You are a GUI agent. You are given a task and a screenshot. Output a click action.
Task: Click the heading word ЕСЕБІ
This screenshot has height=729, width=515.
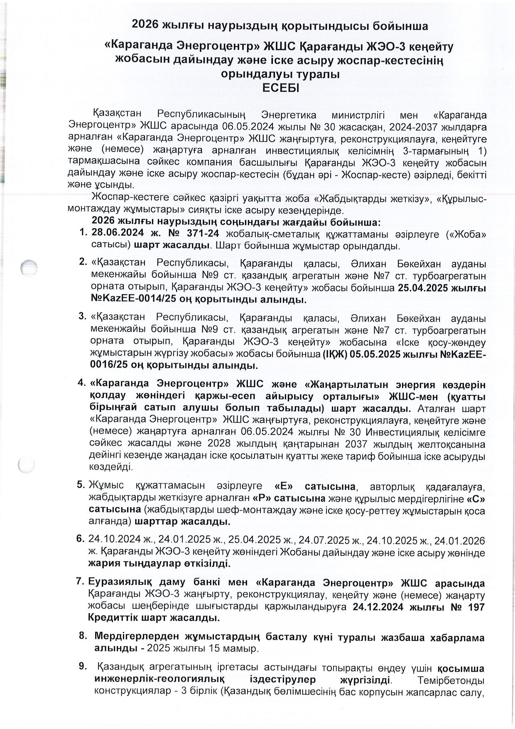point(281,88)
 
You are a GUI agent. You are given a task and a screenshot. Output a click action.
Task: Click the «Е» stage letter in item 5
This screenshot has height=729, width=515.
point(284,486)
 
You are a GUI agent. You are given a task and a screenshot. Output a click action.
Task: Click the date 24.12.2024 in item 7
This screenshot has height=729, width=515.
point(378,606)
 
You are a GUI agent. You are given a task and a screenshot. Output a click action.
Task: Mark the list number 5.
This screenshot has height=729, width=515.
point(81,485)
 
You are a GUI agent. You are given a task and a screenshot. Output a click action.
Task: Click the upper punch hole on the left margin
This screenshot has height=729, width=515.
point(28,268)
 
